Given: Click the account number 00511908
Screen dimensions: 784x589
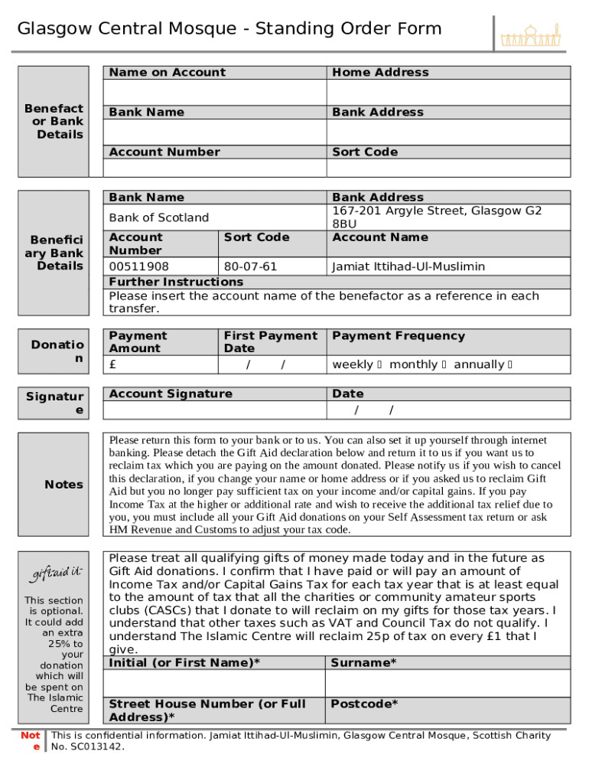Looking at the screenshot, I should click(139, 266).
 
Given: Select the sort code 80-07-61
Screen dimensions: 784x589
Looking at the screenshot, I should click(250, 266).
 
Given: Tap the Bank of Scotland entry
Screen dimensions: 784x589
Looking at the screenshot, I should click(159, 217).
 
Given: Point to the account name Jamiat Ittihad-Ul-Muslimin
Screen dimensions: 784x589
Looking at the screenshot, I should click(408, 266).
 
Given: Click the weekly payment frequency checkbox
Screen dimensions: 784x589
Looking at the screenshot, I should click(379, 364).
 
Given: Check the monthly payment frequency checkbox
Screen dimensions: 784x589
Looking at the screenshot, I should click(444, 364).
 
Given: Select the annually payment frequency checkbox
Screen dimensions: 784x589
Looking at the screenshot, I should click(509, 364).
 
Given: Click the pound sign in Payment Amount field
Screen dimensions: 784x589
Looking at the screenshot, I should click(113, 364).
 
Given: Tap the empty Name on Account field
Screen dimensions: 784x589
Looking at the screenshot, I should click(214, 92).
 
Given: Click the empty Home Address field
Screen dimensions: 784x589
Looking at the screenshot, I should click(448, 92).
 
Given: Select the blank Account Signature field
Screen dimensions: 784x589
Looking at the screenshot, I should click(214, 410).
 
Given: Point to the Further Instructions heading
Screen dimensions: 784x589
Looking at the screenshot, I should click(176, 282).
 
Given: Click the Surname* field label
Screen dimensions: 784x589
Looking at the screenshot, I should click(363, 662).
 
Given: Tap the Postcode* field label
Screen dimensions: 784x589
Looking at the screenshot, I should click(364, 704).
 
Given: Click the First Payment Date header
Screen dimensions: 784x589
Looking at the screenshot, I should click(270, 341).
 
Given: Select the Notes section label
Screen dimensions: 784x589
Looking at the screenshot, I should click(64, 484).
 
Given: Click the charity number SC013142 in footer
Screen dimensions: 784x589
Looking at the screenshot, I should click(95, 746).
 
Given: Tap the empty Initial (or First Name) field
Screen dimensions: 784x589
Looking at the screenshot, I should click(214, 683).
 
